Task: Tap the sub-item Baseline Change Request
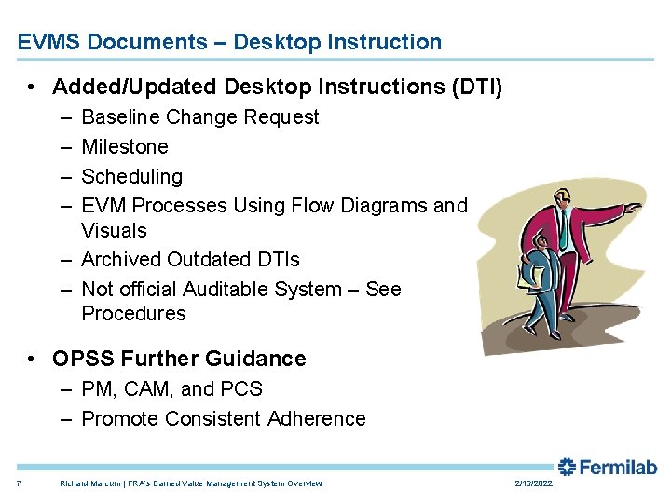[x=199, y=117]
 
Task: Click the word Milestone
[x=125, y=147]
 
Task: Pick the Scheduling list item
[x=131, y=176]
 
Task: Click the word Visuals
[x=114, y=230]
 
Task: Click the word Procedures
[x=133, y=314]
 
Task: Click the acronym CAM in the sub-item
[x=142, y=389]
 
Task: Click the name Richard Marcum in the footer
[x=86, y=483]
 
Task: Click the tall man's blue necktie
[x=563, y=228]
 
